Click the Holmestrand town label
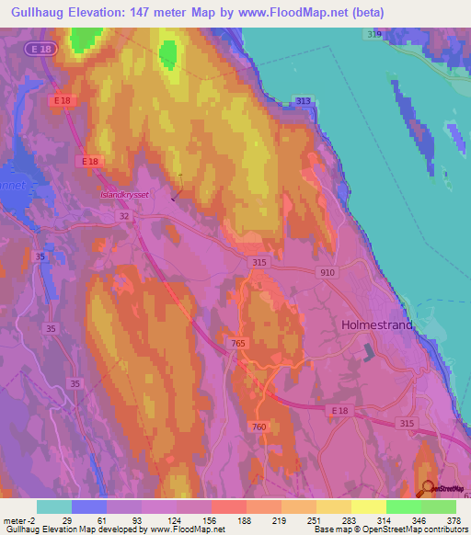(x=377, y=325)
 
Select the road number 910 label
(x=328, y=273)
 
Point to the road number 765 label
(x=237, y=343)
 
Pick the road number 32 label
(x=123, y=215)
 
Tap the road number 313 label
(x=304, y=101)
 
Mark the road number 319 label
(x=373, y=34)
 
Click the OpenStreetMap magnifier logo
(x=428, y=488)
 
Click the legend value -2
(x=32, y=519)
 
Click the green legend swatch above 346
(x=404, y=507)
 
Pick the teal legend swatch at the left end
(x=54, y=507)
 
